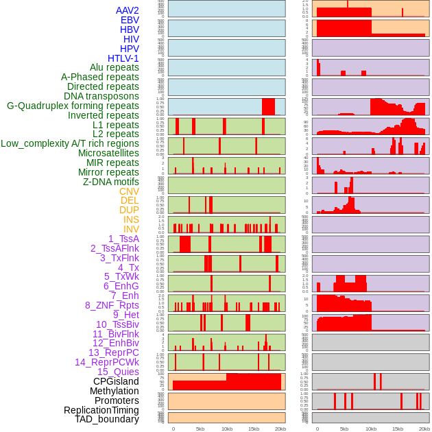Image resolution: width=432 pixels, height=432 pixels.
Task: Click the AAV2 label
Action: pyautogui.click(x=128, y=11)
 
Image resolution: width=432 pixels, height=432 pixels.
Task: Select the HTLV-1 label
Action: pyautogui.click(x=123, y=58)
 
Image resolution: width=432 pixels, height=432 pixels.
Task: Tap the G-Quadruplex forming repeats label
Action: pyautogui.click(x=73, y=106)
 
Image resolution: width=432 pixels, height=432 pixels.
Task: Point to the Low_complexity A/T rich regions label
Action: pyautogui.click(x=70, y=143)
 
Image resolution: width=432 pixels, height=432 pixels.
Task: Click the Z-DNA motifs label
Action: pyautogui.click(x=111, y=182)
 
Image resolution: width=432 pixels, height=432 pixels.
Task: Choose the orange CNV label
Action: pyautogui.click(x=129, y=191)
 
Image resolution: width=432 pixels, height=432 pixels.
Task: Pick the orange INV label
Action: pyautogui.click(x=131, y=229)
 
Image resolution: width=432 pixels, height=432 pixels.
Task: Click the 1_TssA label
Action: pyautogui.click(x=123, y=239)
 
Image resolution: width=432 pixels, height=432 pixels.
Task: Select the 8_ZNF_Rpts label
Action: pyautogui.click(x=112, y=305)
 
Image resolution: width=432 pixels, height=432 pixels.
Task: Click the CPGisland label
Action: pyautogui.click(x=116, y=381)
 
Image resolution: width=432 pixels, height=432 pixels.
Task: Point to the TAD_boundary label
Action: pyautogui.click(x=107, y=419)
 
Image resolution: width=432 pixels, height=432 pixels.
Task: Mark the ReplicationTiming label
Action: pyautogui.click(x=101, y=410)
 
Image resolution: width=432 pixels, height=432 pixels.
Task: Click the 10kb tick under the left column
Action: pyautogui.click(x=226, y=429)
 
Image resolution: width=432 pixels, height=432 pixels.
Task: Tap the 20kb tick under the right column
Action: pyautogui.click(x=424, y=429)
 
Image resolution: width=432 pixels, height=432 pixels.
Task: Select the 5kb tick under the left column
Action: pyautogui.click(x=200, y=429)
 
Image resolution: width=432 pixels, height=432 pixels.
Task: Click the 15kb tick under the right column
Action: pyautogui.click(x=398, y=429)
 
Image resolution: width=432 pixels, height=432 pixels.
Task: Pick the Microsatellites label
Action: pyautogui.click(x=108, y=153)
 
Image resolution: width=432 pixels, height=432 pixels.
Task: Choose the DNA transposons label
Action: pyautogui.click(x=101, y=96)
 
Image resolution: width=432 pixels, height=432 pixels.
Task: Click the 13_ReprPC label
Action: pyautogui.click(x=113, y=352)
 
